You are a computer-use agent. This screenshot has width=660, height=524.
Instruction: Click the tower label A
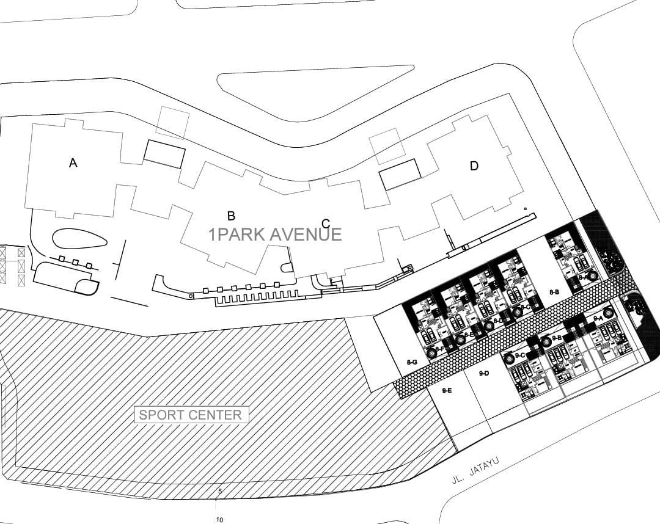(73, 163)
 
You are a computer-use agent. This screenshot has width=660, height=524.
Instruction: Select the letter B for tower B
(231, 216)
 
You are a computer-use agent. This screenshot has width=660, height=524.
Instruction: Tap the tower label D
(474, 166)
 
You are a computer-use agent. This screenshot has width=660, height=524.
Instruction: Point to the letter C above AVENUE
(326, 224)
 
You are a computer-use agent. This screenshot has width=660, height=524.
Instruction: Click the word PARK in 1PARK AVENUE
(244, 235)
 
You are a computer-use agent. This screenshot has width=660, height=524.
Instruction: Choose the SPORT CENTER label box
(191, 415)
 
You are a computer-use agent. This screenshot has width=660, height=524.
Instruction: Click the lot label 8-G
(412, 363)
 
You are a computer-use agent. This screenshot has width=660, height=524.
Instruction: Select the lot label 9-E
(447, 390)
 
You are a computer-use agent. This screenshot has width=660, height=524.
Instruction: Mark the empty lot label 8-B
(554, 293)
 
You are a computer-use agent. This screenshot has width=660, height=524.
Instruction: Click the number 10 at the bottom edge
(219, 519)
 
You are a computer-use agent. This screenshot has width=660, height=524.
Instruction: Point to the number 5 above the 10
(219, 490)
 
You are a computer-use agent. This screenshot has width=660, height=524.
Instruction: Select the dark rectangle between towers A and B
(164, 154)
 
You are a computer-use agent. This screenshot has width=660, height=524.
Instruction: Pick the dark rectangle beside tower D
(400, 174)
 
